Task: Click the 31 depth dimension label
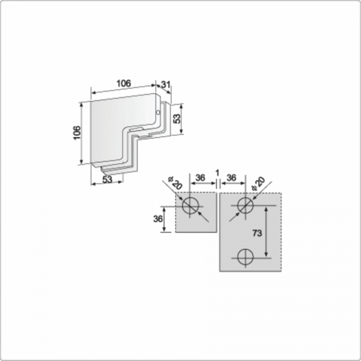tap(166, 85)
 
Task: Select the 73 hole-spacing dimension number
tap(257, 233)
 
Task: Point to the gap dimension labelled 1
tap(217, 173)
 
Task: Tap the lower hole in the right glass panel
tap(245, 257)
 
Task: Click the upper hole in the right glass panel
tap(245, 205)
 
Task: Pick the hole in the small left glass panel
tap(190, 206)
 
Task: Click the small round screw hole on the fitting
tap(158, 112)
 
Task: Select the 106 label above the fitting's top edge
tap(124, 84)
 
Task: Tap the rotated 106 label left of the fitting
tap(77, 133)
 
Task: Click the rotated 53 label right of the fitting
tap(177, 119)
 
